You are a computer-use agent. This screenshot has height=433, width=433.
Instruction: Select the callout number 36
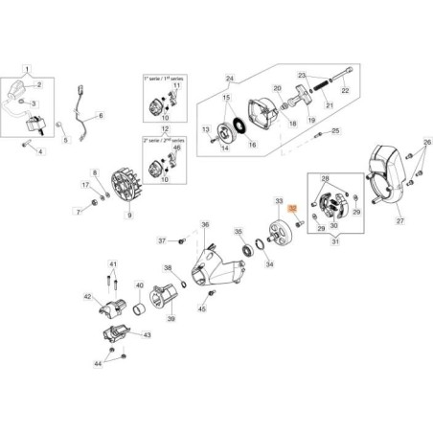(x=203, y=225)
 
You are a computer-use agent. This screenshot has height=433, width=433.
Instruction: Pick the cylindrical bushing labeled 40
(x=140, y=309)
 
